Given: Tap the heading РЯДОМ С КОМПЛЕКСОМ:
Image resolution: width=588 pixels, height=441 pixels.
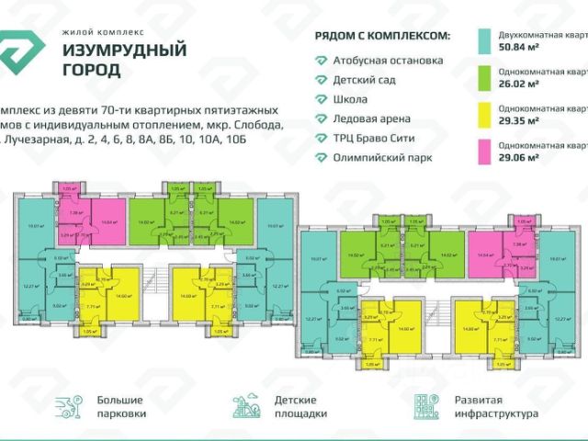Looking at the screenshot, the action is tap(382, 36).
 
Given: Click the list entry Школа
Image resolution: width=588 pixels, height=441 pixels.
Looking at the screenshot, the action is tap(351, 99).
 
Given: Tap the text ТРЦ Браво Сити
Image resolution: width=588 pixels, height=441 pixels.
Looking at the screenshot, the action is tap(373, 138).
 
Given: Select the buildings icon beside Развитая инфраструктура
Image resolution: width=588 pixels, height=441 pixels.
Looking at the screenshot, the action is tap(426, 407).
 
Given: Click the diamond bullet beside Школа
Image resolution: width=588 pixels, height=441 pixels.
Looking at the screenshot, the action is tap(321, 99).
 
